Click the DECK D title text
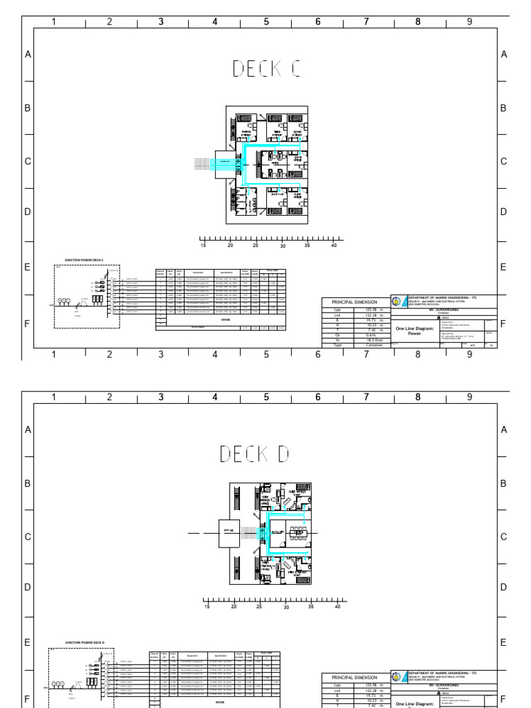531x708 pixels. tap(254, 454)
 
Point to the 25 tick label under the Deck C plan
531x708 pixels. tap(256, 245)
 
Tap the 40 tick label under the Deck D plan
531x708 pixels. tap(336, 606)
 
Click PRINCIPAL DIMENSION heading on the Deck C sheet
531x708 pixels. tap(355, 302)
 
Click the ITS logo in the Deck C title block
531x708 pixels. tap(395, 301)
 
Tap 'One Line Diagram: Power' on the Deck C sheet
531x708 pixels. tap(413, 330)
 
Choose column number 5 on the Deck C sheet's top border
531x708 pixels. tap(266, 21)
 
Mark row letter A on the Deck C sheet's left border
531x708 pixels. tap(28, 55)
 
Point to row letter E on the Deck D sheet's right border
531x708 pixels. tap(503, 642)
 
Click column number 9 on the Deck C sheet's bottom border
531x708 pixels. tap(469, 354)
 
